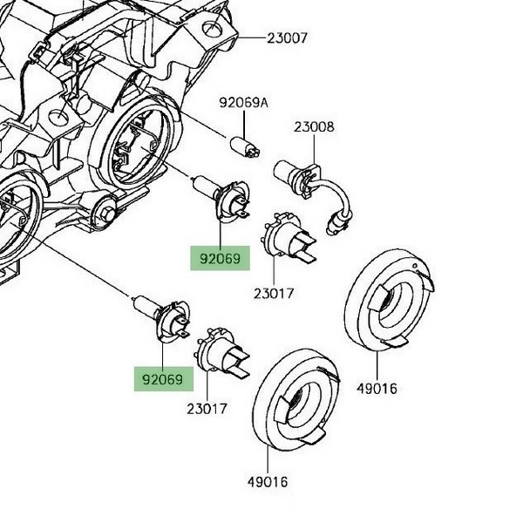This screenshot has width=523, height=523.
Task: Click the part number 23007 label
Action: (x=287, y=39)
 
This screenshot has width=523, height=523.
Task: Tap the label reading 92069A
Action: (x=244, y=103)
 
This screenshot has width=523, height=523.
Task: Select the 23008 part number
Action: (x=313, y=127)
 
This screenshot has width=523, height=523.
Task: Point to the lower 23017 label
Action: (x=207, y=408)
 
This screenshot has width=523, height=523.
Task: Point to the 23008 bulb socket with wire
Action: (x=295, y=177)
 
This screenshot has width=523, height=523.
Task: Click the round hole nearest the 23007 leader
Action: (x=212, y=33)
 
